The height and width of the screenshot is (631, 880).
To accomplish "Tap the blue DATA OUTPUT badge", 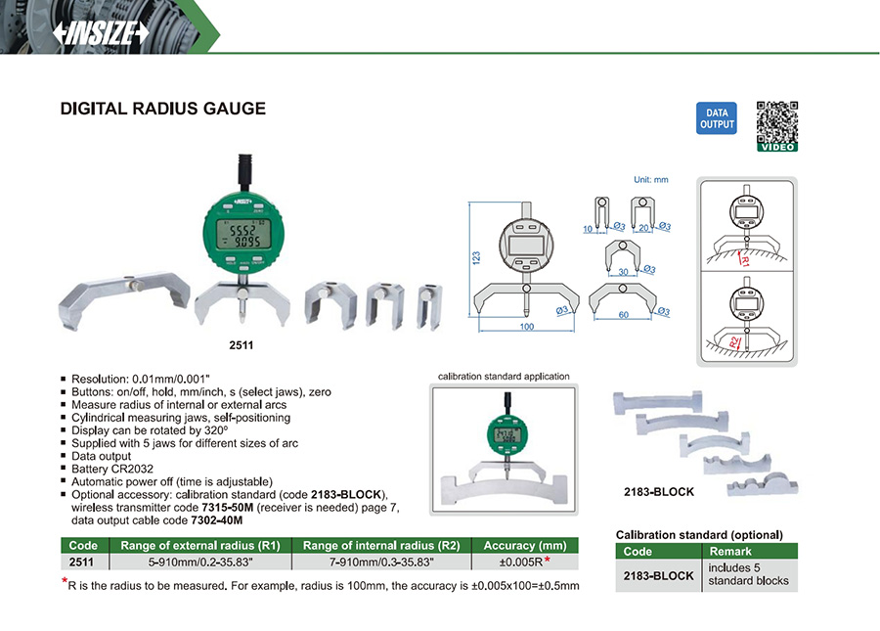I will pos(716,118).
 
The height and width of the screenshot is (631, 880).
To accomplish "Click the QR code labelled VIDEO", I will pos(777,124).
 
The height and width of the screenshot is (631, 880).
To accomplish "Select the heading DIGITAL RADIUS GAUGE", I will pos(163,109).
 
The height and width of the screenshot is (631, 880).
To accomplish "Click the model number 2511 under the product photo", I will pos(242,345).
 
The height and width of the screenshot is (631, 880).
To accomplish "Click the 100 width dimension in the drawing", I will pos(527,327).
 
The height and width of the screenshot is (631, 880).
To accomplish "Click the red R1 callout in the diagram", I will pos(744,261).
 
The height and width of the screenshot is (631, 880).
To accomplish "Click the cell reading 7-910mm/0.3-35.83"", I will pos(381,562).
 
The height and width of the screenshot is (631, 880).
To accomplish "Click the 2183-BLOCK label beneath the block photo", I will pos(659,491).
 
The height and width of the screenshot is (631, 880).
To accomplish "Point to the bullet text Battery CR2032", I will pos(112,469).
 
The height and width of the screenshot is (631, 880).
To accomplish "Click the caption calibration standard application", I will pos(503,376).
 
